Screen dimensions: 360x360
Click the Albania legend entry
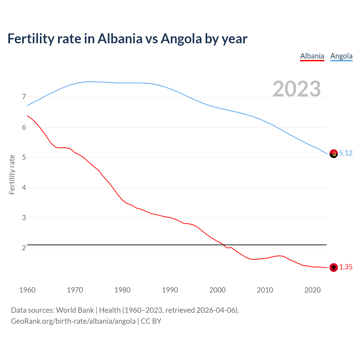[x=312, y=56]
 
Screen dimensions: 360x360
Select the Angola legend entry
[x=341, y=56]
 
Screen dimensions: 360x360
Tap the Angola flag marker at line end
[x=334, y=154]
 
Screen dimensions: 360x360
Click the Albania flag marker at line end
[x=334, y=267]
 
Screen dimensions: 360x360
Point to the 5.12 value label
[x=346, y=153]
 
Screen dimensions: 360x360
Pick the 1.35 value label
[x=346, y=267]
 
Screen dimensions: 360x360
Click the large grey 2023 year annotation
[x=297, y=89]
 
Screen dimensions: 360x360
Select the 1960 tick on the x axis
[x=27, y=290]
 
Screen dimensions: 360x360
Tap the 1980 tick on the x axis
[x=122, y=290]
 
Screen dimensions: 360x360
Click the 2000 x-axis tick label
[x=217, y=290]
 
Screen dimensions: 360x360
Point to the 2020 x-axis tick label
[x=312, y=290]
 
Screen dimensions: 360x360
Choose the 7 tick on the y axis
[x=24, y=97]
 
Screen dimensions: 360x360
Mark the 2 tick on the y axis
[x=24, y=248]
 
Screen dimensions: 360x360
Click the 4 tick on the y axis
[x=24, y=188]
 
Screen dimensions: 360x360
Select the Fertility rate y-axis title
[x=12, y=174]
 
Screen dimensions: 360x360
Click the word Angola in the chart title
[x=181, y=39]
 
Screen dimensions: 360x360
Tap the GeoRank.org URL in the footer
[x=73, y=321]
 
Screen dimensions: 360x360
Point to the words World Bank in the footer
[x=75, y=310]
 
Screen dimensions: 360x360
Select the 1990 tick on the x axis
[x=170, y=290]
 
